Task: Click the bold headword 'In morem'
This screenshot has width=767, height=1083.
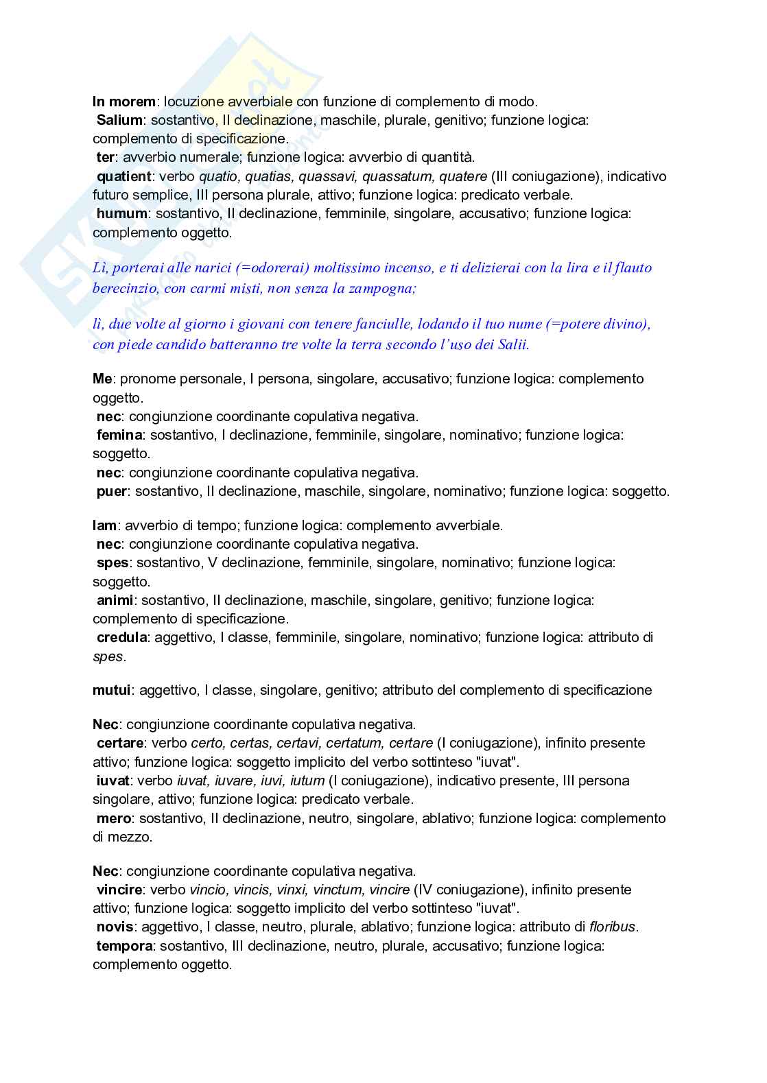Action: click(x=124, y=102)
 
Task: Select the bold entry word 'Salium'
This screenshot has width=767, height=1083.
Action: click(x=119, y=120)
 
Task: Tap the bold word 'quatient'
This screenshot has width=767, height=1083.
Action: click(x=123, y=176)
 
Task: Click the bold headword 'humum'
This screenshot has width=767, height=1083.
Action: click(x=121, y=213)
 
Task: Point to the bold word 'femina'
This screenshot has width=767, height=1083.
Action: click(x=119, y=435)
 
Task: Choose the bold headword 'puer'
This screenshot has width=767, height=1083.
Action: click(x=112, y=491)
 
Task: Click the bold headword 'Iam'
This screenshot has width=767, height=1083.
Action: click(x=104, y=525)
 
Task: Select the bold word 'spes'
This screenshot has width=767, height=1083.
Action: click(x=113, y=562)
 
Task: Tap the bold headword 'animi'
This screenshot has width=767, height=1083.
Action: click(x=115, y=600)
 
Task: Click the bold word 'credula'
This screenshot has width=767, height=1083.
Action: click(x=121, y=637)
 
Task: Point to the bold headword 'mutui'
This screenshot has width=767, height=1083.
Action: click(x=112, y=690)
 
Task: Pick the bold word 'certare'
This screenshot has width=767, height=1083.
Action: click(x=120, y=743)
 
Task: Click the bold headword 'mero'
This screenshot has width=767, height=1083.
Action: click(x=114, y=818)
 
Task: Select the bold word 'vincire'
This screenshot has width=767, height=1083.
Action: click(x=119, y=890)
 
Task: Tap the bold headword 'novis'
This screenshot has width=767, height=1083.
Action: click(x=115, y=927)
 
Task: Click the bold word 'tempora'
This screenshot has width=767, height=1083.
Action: click(x=124, y=946)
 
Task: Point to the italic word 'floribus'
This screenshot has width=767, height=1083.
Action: click(x=613, y=927)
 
